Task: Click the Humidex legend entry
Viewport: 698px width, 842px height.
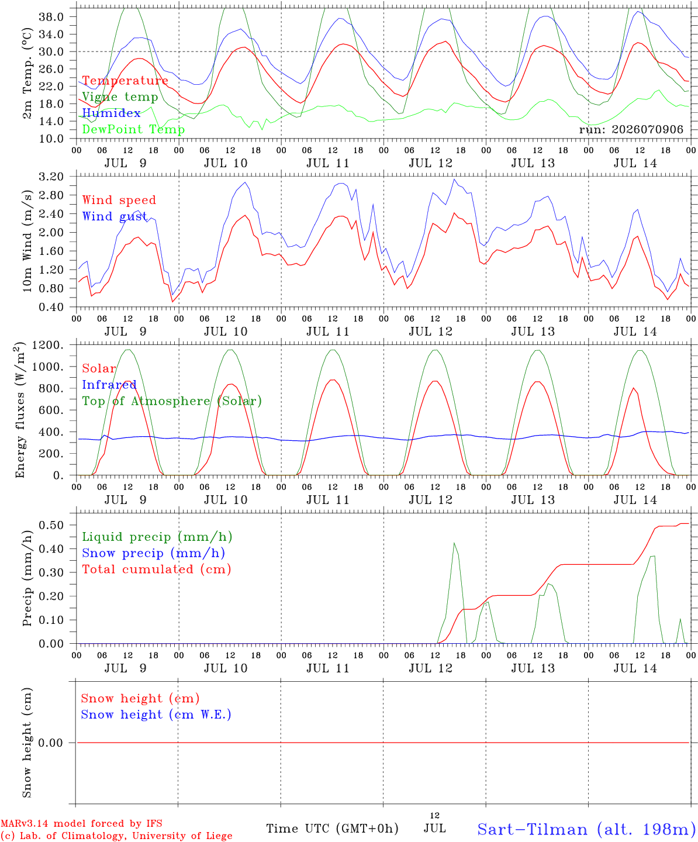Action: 111,113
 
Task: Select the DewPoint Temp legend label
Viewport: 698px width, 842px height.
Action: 133,129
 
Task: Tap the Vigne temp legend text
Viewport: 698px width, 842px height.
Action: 120,97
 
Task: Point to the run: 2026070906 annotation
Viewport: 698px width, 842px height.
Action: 631,129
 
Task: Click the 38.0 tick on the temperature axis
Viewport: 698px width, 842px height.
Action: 51,17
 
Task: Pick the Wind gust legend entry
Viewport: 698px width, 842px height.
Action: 115,216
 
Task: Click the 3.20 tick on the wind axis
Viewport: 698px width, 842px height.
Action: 51,177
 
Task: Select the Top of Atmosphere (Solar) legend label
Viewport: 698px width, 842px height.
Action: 172,401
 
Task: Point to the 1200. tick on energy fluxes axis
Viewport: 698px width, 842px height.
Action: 48,345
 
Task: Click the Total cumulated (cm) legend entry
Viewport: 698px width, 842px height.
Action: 157,569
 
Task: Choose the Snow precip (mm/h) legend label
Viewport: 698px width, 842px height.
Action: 153,553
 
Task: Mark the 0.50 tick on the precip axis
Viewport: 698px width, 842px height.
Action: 51,525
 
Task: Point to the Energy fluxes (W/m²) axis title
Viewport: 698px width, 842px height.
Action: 20,410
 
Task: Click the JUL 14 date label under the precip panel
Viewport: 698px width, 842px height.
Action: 635,668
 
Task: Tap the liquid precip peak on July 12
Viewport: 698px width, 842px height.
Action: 454,543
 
